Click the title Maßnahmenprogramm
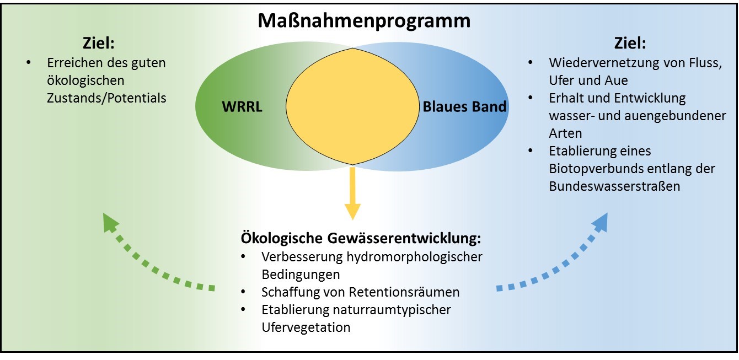(x=364, y=21)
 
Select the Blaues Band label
(x=464, y=107)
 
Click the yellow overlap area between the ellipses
(x=353, y=105)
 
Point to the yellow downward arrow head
(x=352, y=211)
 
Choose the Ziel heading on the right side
(x=630, y=42)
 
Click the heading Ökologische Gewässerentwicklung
(x=361, y=239)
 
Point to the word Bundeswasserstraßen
(x=614, y=186)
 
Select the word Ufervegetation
(x=306, y=327)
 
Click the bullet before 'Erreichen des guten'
(x=28, y=63)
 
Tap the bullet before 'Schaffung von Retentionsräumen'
(x=243, y=292)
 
